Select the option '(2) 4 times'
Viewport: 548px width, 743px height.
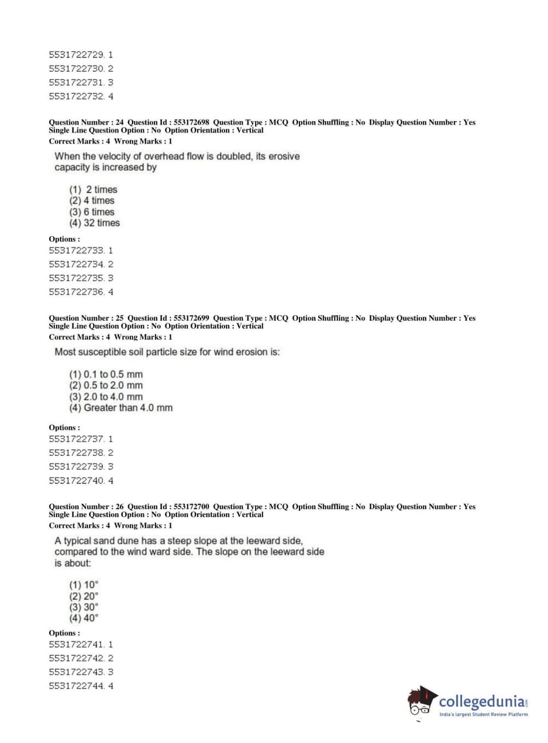click(x=91, y=201)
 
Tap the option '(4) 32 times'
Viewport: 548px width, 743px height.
click(x=94, y=223)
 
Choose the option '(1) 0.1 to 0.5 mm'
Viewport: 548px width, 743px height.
click(x=106, y=374)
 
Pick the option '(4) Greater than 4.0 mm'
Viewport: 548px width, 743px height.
click(x=120, y=408)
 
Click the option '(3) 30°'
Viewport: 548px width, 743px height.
click(x=84, y=607)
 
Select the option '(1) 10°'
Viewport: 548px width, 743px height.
click(x=84, y=585)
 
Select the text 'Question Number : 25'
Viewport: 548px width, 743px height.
click(x=86, y=318)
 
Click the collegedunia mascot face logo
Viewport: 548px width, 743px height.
click(x=420, y=701)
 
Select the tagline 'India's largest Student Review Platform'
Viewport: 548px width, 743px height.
click(x=483, y=715)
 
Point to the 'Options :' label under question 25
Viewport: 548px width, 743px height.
click(x=64, y=427)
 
